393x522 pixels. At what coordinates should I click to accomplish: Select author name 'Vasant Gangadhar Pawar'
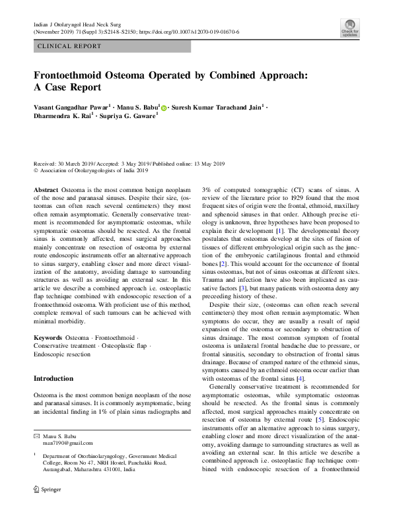pyautogui.click(x=72, y=106)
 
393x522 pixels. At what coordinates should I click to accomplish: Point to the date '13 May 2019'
pyautogui.click(x=205, y=163)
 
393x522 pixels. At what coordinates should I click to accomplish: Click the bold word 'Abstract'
pyautogui.click(x=46, y=189)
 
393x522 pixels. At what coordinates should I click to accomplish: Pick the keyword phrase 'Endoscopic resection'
pyautogui.click(x=63, y=354)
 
